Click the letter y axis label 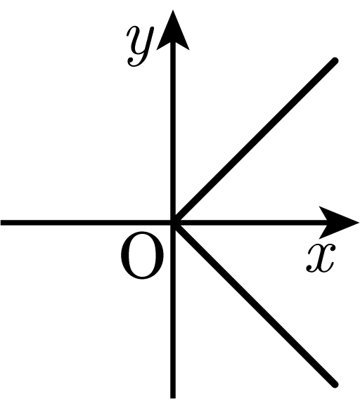pyautogui.click(x=140, y=46)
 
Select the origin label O pyautogui.click(x=142, y=255)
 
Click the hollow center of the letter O pyautogui.click(x=142, y=255)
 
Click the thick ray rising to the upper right pyautogui.click(x=255, y=142)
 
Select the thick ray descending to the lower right pyautogui.click(x=255, y=303)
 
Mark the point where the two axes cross pyautogui.click(x=173, y=223)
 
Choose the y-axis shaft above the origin pyautogui.click(x=173, y=132)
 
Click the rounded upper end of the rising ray pyautogui.click(x=335, y=61)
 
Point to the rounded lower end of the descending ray pyautogui.click(x=335, y=384)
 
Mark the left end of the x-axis pyautogui.click(x=1, y=223)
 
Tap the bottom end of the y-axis pyautogui.click(x=173, y=398)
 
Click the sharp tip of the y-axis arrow pyautogui.click(x=173, y=10)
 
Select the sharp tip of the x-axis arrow pyautogui.click(x=359, y=223)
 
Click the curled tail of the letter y pyautogui.click(x=133, y=63)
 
